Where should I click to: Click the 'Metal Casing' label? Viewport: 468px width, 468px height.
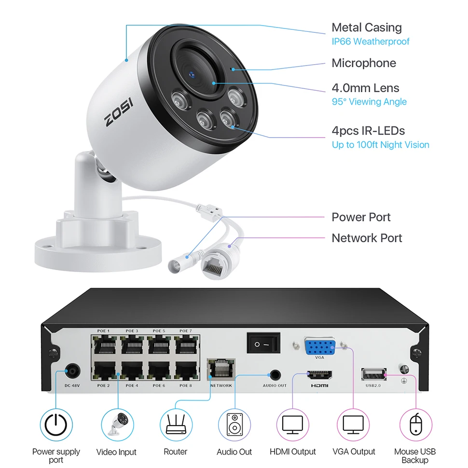pyautogui.click(x=366, y=28)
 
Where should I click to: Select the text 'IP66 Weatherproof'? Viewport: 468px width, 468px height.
pyautogui.click(x=370, y=41)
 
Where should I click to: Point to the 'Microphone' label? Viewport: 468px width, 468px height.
pyautogui.click(x=363, y=63)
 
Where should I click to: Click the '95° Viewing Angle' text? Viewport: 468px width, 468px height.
pyautogui.click(x=369, y=102)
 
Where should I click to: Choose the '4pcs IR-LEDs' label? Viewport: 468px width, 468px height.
pyautogui.click(x=368, y=130)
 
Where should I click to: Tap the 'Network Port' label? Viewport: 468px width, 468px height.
pyautogui.click(x=366, y=238)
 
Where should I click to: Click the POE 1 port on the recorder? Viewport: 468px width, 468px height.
pyautogui.click(x=104, y=346)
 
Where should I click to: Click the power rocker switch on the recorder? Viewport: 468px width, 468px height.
pyautogui.click(x=263, y=344)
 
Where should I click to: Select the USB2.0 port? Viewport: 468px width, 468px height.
pyautogui.click(x=373, y=374)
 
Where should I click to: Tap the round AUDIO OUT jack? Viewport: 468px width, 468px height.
pyautogui.click(x=275, y=374)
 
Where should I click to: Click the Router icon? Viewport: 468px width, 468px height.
pyautogui.click(x=176, y=425)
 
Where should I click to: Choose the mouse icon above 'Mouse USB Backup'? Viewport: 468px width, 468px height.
pyautogui.click(x=414, y=425)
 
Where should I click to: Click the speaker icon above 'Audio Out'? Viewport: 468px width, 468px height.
pyautogui.click(x=234, y=425)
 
